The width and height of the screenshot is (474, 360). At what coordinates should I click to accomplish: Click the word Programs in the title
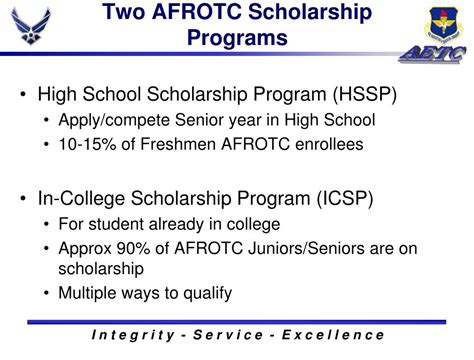coord(238,40)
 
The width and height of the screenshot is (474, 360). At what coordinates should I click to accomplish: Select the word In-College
coord(80,198)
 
